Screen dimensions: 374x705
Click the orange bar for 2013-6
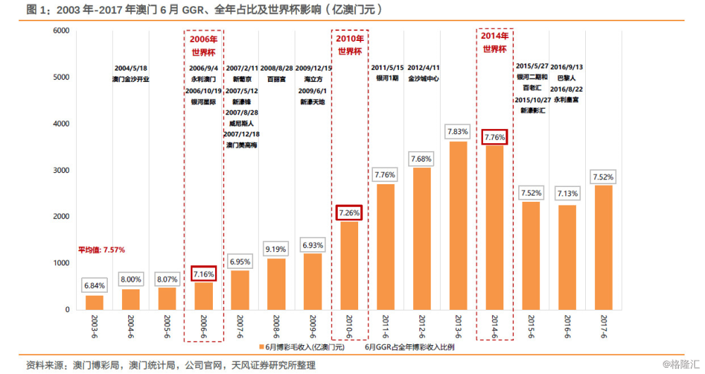click(x=458, y=226)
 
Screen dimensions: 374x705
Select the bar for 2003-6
click(x=94, y=302)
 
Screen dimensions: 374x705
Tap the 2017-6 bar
click(x=603, y=247)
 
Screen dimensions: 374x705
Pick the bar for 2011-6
click(x=385, y=247)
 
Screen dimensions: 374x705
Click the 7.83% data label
click(x=458, y=132)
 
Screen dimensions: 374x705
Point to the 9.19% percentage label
click(x=276, y=249)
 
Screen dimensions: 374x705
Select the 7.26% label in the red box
click(x=348, y=212)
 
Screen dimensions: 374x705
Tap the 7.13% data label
click(x=567, y=193)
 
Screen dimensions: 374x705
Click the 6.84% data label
click(x=94, y=285)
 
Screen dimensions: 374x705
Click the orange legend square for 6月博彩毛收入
click(x=261, y=347)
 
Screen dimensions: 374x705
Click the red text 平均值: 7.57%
click(x=102, y=249)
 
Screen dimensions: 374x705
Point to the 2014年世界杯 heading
click(x=494, y=42)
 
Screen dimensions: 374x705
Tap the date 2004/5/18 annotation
click(x=131, y=68)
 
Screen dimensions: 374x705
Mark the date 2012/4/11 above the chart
click(x=423, y=68)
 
